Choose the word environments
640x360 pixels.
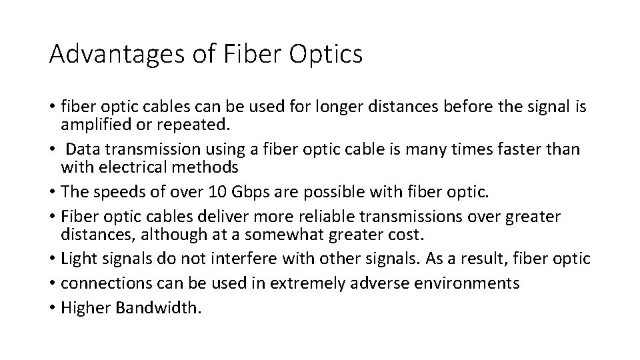467,283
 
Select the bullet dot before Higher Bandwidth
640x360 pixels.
51,309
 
